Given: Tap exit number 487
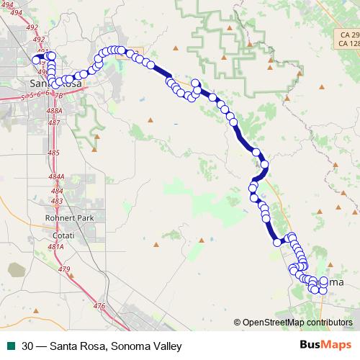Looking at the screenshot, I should pyautogui.click(x=54, y=123).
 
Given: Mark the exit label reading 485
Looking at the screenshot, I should pyautogui.click(x=54, y=153).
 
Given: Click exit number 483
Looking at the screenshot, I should pyautogui.click(x=57, y=201).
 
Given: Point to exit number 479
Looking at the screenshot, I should pyautogui.click(x=65, y=269).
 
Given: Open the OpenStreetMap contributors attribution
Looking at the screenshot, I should pyautogui.click(x=297, y=323).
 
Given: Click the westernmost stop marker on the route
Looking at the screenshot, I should pyautogui.click(x=37, y=59).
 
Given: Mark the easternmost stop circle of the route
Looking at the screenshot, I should pyautogui.click(x=323, y=280).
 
